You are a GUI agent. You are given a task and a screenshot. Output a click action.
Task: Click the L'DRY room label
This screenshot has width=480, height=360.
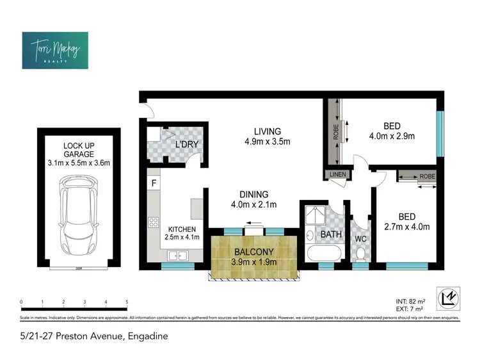pos(187,145)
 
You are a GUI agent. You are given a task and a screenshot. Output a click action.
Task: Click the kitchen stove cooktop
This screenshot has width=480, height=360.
pos(154,223)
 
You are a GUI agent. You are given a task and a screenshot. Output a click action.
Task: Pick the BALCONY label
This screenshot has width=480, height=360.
pos(254,252)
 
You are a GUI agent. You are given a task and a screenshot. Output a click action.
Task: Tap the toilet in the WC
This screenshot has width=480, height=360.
pos(360,254)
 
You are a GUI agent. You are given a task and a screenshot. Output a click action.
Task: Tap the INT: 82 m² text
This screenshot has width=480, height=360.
pos(410,300)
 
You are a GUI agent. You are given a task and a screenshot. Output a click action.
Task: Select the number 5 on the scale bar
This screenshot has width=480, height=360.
pos(127,302)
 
